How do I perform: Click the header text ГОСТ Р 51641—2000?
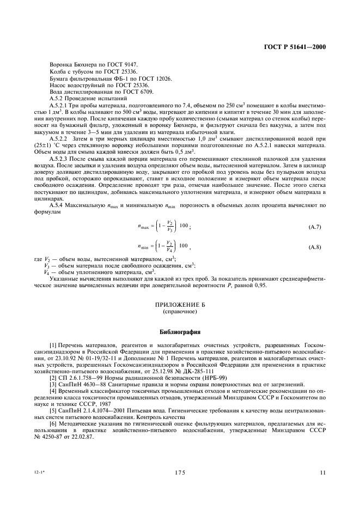[295, 47]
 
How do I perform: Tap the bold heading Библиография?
[179, 331]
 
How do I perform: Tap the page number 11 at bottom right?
[323, 473]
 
